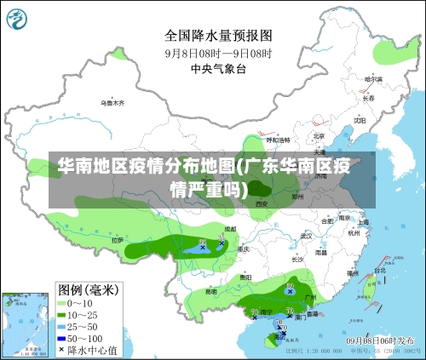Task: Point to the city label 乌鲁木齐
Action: pyautogui.click(x=112, y=102)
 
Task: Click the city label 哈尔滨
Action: pyautogui.click(x=374, y=79)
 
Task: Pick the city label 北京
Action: pyautogui.click(x=319, y=135)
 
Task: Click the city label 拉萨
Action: pyautogui.click(x=117, y=240)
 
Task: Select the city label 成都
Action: pyautogui.click(x=230, y=230)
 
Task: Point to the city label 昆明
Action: pyautogui.click(x=210, y=292)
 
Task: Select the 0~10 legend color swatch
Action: pyautogui.click(x=62, y=303)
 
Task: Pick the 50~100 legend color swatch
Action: pyautogui.click(x=62, y=338)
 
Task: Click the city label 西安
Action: pyautogui.click(x=262, y=204)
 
